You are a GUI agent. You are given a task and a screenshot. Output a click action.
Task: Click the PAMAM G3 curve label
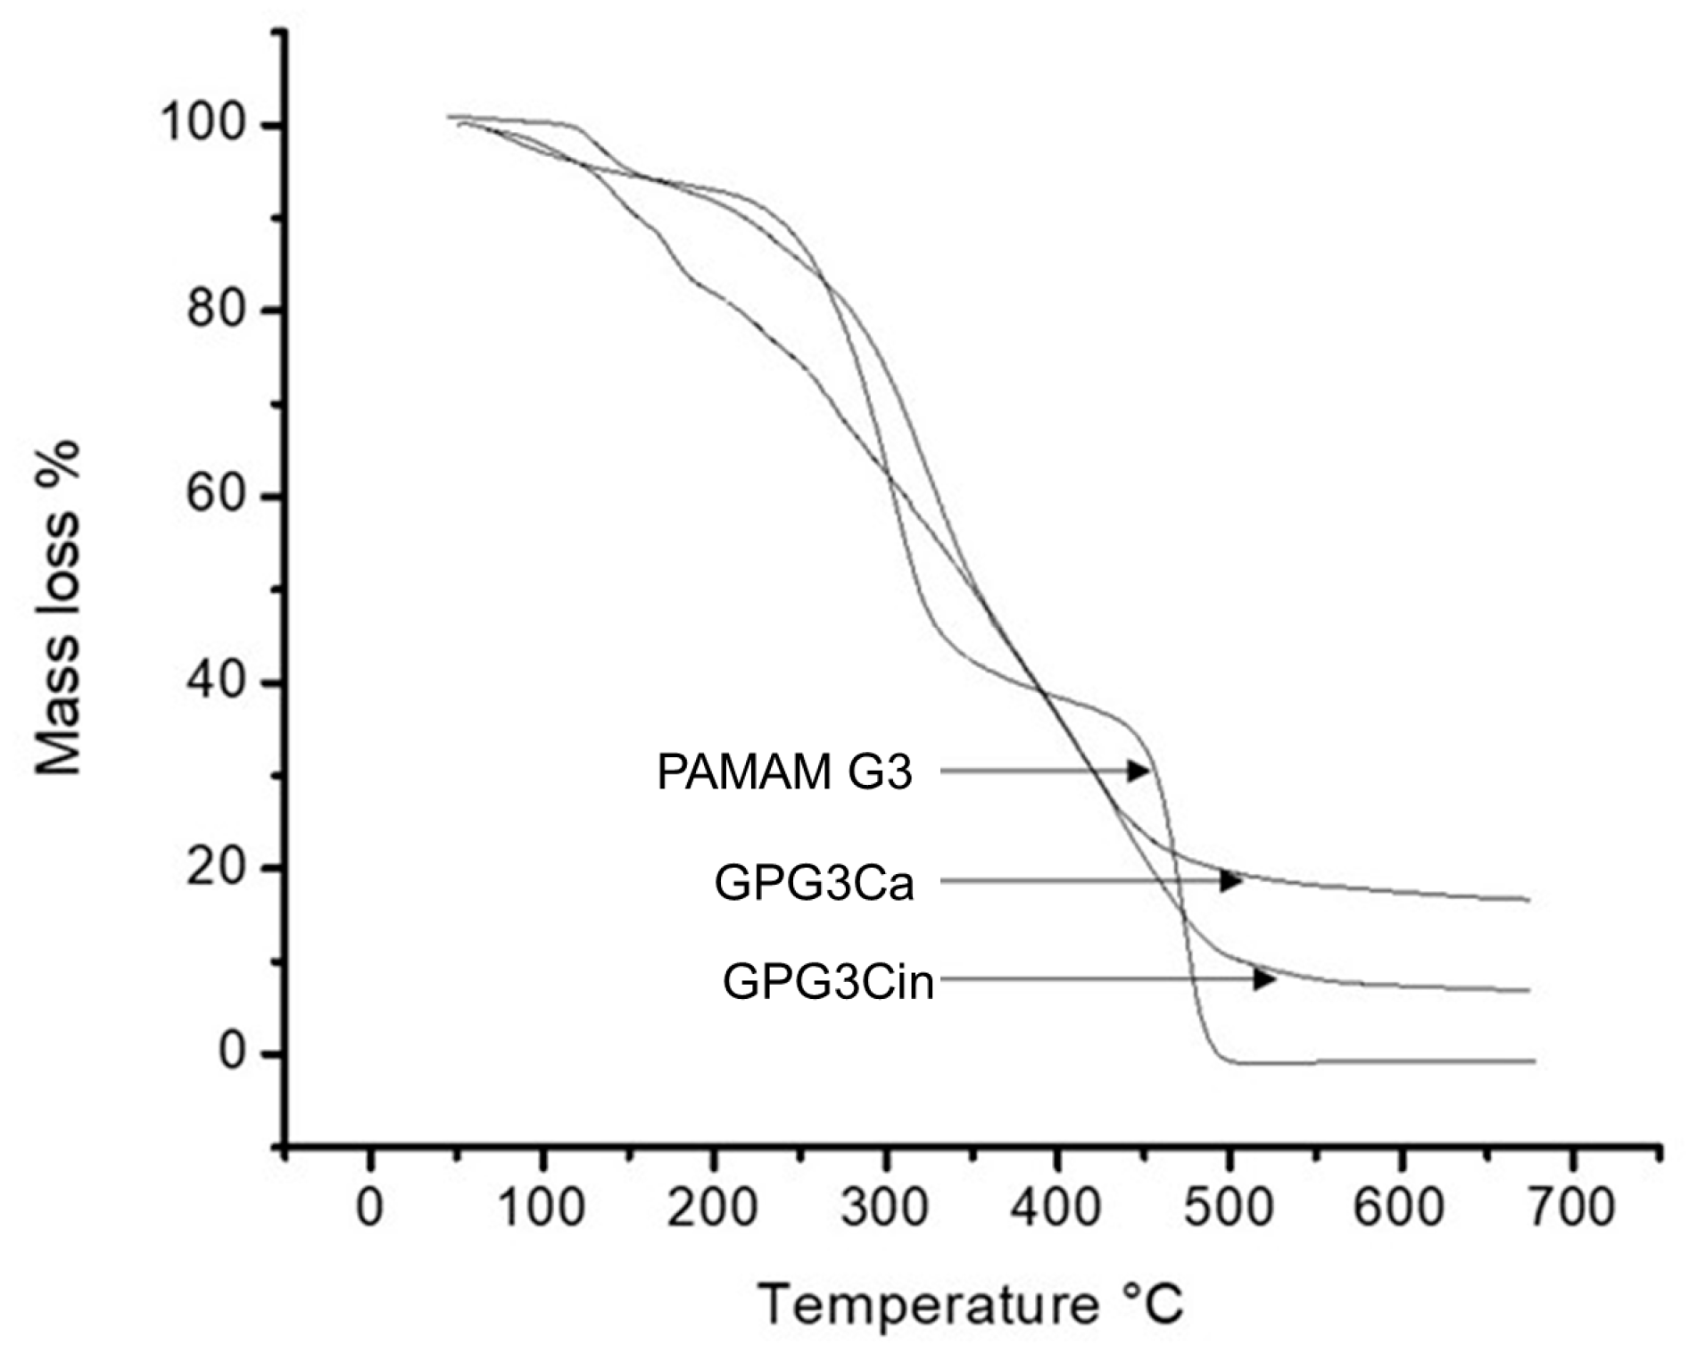point(784,771)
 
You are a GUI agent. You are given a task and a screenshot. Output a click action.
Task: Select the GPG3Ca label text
point(814,884)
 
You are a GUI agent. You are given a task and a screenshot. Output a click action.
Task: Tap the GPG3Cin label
point(828,982)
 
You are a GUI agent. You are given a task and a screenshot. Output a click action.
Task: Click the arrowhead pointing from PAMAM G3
point(1138,771)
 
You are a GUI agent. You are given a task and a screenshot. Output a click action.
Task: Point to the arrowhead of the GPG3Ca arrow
point(1231,880)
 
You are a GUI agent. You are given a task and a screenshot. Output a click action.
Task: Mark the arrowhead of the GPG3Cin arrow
point(1264,979)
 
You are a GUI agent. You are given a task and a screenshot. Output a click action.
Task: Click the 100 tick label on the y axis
point(203,124)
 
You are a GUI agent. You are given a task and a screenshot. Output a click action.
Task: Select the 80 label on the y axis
point(215,310)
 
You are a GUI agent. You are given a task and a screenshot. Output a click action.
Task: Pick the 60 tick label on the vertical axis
point(215,496)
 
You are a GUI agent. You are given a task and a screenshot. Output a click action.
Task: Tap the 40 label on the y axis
point(215,682)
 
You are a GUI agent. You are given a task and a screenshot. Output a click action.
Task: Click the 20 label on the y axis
point(215,867)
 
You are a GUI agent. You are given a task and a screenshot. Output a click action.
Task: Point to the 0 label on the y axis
point(231,1053)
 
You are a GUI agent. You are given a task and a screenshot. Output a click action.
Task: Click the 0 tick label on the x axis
point(369,1208)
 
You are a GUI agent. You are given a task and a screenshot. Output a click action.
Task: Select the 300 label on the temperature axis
point(885,1208)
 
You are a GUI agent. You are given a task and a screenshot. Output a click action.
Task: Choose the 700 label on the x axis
point(1571,1208)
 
